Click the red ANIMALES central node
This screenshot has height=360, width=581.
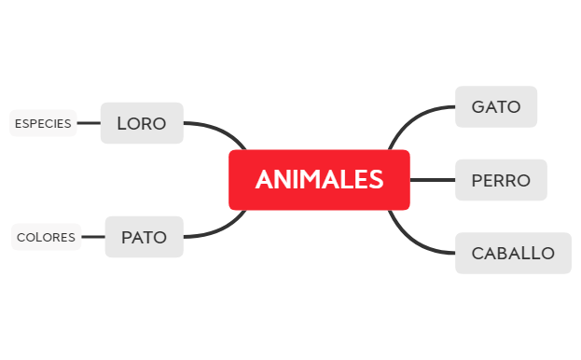[319, 179]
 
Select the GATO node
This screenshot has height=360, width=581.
[495, 106]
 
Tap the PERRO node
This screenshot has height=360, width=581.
[500, 180]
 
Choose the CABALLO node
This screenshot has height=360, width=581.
[513, 253]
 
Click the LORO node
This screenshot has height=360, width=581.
[142, 123]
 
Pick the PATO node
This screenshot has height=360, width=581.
[144, 237]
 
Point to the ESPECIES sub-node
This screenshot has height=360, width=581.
[43, 123]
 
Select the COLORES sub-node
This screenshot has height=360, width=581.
[46, 237]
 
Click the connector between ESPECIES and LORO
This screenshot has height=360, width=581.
[89, 123]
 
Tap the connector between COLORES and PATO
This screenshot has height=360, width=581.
[93, 237]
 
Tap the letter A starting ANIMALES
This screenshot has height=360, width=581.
[263, 179]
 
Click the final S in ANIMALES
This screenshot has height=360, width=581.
[375, 179]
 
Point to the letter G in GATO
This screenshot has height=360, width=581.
[478, 106]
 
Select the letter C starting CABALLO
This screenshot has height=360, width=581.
[477, 253]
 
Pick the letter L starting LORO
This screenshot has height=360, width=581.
[122, 123]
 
